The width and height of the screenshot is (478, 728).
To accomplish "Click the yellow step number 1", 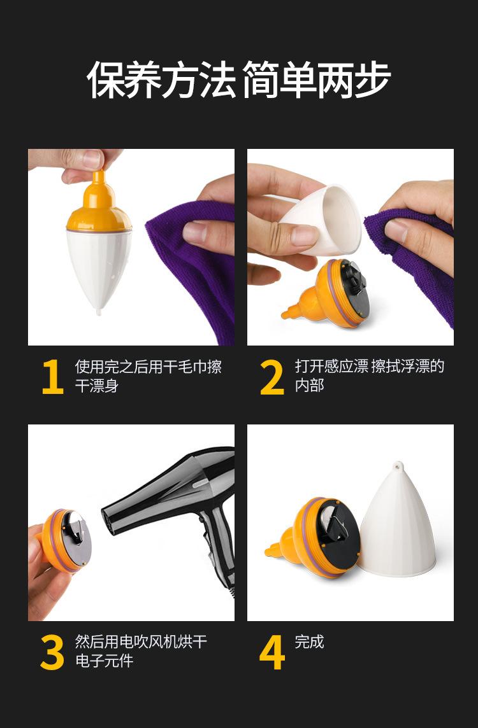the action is pos(52,377).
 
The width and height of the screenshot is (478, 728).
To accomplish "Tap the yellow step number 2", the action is pos(272,377).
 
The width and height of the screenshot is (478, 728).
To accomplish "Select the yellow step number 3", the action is pos(52,652).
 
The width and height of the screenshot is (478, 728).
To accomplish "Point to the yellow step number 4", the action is pos(272,652).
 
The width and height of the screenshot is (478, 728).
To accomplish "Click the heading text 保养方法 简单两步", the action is pos(238,80).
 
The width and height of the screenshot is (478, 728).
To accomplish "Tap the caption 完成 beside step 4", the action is pos(309,642).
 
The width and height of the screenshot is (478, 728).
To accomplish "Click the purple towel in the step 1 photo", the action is pos(195,269).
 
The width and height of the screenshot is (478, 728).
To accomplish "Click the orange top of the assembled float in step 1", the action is pos(99,204).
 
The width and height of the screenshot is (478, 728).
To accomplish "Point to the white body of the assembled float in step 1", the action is pos(99,267).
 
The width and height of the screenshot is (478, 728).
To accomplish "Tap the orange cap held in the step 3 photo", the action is pos(65,541).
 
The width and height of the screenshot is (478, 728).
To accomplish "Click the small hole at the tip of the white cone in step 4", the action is pos(398,465).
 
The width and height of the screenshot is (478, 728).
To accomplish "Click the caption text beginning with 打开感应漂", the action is pos(369,376).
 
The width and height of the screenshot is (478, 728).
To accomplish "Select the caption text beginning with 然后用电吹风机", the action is pos(141,652).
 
